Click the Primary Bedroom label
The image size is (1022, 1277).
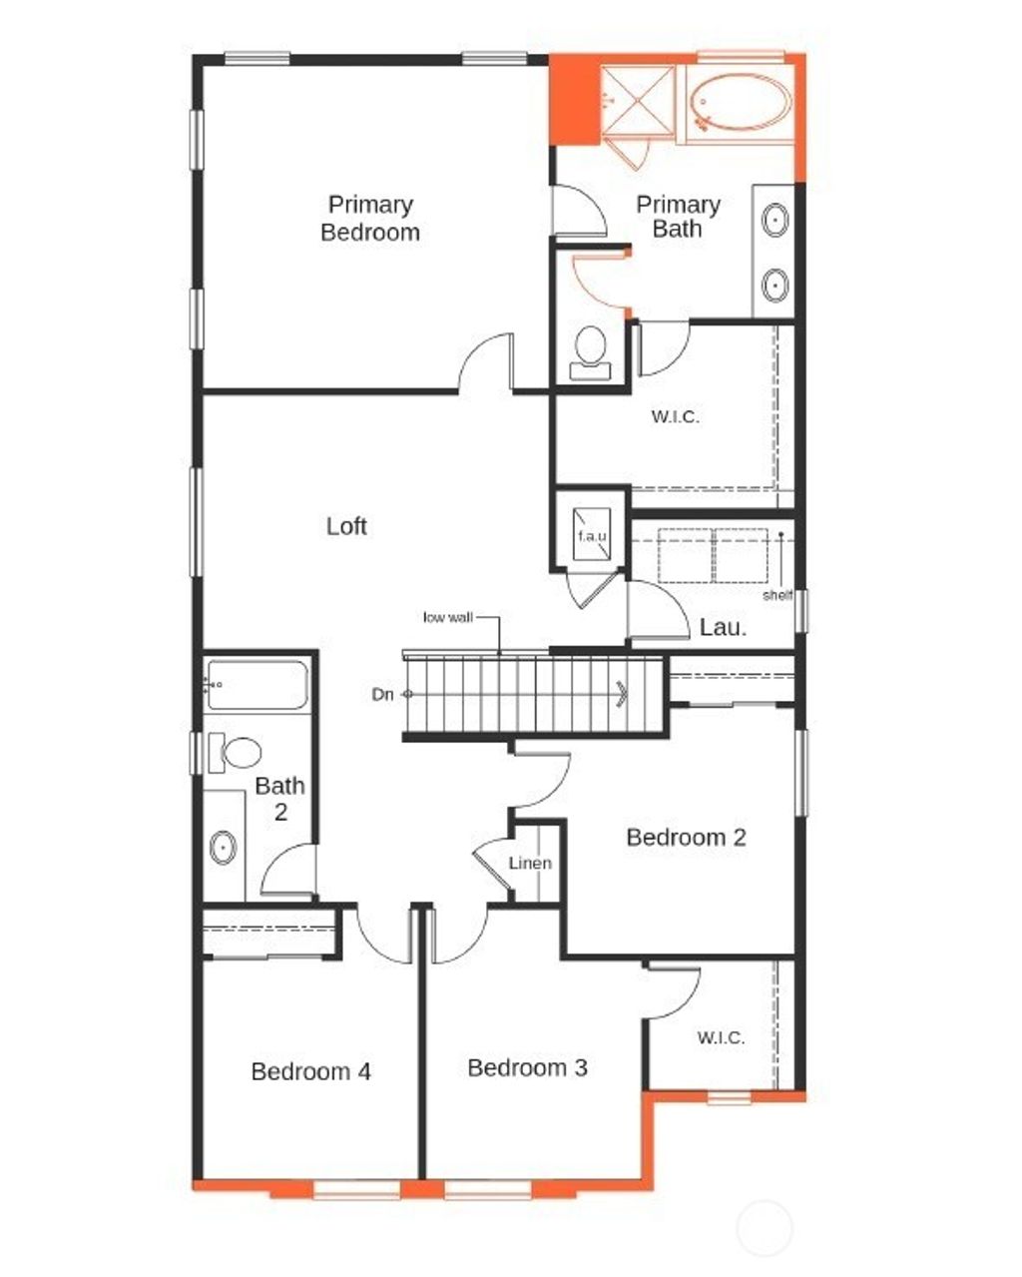(x=370, y=219)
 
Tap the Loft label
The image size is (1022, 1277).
(x=346, y=525)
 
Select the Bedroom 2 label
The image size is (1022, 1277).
(x=686, y=837)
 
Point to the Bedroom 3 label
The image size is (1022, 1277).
(x=527, y=1067)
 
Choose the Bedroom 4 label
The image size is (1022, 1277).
(x=310, y=1071)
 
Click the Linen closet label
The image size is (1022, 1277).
(x=529, y=863)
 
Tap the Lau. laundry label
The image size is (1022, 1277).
(x=723, y=627)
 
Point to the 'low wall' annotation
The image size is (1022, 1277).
(x=447, y=617)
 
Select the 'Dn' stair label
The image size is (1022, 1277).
(x=382, y=694)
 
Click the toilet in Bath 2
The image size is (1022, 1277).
(x=237, y=752)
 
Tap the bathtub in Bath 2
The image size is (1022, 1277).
(x=256, y=685)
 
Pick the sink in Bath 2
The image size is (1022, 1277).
(x=224, y=848)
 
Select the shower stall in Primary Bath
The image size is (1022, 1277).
(x=640, y=99)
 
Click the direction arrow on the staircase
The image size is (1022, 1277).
(x=623, y=693)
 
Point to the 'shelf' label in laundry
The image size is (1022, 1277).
(x=777, y=595)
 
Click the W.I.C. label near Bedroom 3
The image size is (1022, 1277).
(x=721, y=1037)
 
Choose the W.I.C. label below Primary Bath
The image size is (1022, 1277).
(x=676, y=416)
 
